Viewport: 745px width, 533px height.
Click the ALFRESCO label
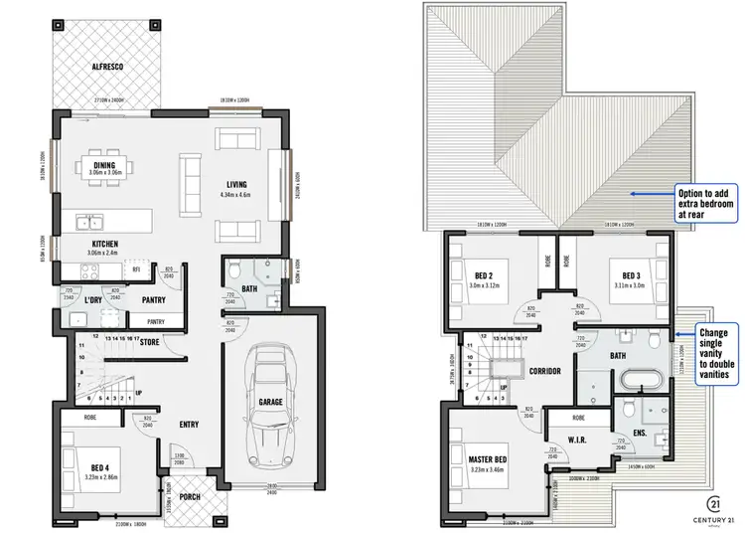pos(106,66)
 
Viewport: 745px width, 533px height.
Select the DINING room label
pos(104,166)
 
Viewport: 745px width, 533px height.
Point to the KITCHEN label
pos(105,244)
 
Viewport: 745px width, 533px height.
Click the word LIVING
pos(236,183)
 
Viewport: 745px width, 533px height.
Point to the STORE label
pos(151,343)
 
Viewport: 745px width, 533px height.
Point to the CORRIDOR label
pos(546,371)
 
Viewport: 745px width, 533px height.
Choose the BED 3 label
pos(632,275)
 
